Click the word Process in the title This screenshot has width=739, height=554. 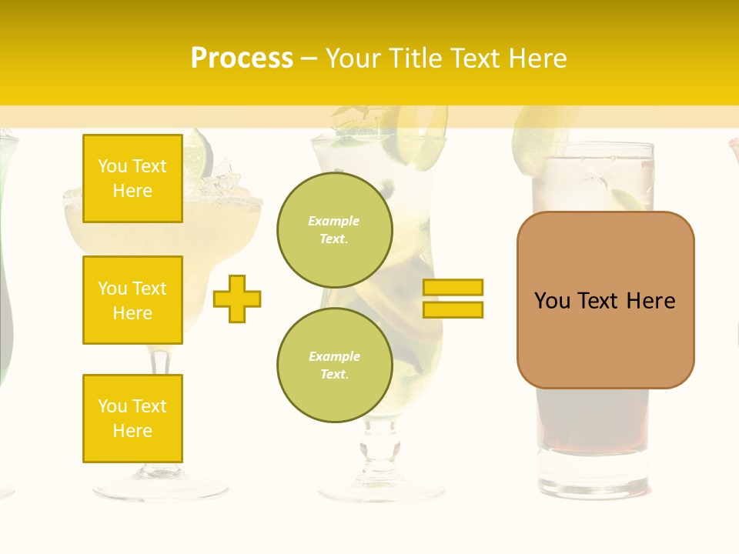(x=242, y=58)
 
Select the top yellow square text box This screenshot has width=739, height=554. (x=132, y=179)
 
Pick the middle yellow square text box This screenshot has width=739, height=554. (x=132, y=300)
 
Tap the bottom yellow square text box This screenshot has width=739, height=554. (x=132, y=418)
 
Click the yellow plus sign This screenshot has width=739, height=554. (x=237, y=298)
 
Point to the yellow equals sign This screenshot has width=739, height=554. (x=453, y=299)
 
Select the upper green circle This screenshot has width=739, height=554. (x=334, y=230)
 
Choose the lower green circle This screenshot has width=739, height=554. (x=334, y=365)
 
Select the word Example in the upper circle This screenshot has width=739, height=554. (x=333, y=221)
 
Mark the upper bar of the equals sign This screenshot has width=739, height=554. (x=453, y=287)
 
